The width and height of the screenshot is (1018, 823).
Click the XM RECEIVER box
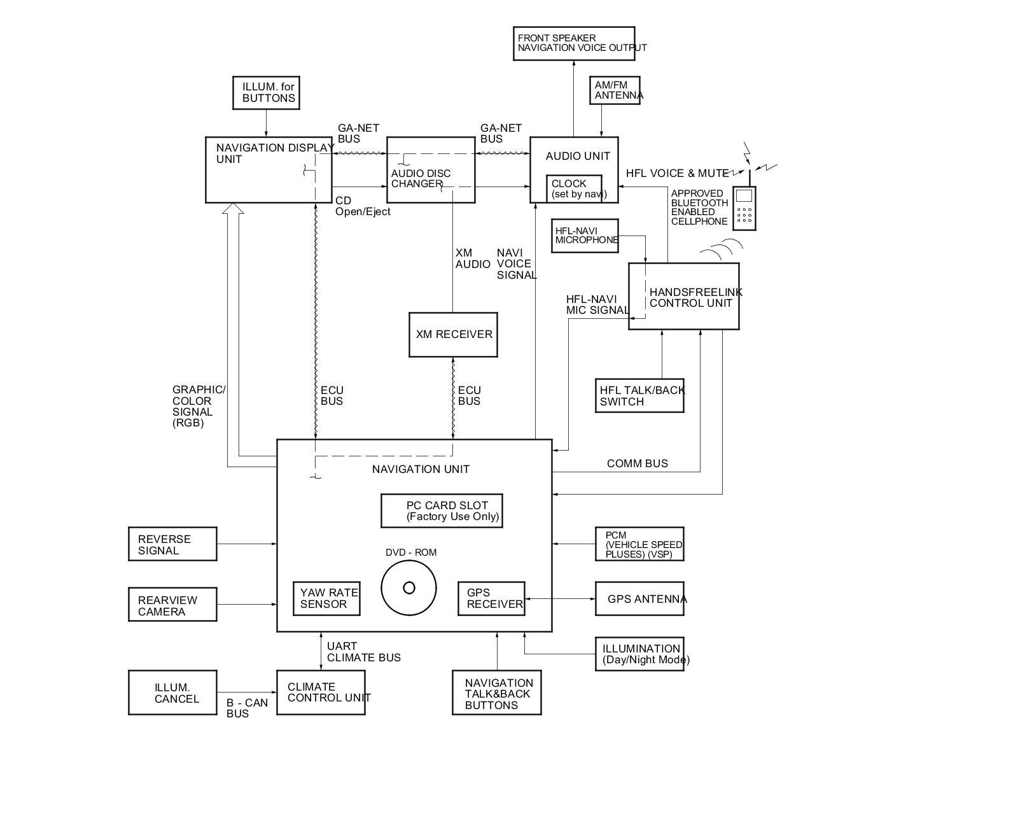click(453, 335)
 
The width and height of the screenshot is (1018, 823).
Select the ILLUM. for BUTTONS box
click(266, 93)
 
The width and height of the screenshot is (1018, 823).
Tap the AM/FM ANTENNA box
click(615, 90)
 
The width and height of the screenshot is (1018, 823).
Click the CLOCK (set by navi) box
click(574, 189)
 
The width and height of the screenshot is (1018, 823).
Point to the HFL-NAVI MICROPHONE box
click(585, 236)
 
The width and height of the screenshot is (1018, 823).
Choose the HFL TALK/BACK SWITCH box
click(639, 396)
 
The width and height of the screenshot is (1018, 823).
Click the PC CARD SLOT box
click(442, 511)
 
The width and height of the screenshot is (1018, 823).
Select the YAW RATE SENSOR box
click(326, 598)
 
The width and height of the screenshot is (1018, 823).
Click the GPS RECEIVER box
click(491, 598)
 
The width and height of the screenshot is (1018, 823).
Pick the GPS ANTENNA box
click(639, 599)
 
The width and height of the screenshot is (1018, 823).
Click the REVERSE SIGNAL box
click(172, 544)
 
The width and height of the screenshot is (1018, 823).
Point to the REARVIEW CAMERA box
click(172, 605)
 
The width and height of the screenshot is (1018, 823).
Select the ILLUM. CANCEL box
click(172, 693)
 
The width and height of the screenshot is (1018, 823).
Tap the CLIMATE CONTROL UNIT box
click(321, 693)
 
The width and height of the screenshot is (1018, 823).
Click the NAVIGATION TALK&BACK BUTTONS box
click(497, 693)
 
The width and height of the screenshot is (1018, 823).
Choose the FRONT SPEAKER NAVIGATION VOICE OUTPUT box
click(574, 44)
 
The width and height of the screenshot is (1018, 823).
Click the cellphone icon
click(744, 208)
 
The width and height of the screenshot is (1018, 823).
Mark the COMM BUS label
click(637, 463)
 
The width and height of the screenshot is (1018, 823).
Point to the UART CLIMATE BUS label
click(363, 652)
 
